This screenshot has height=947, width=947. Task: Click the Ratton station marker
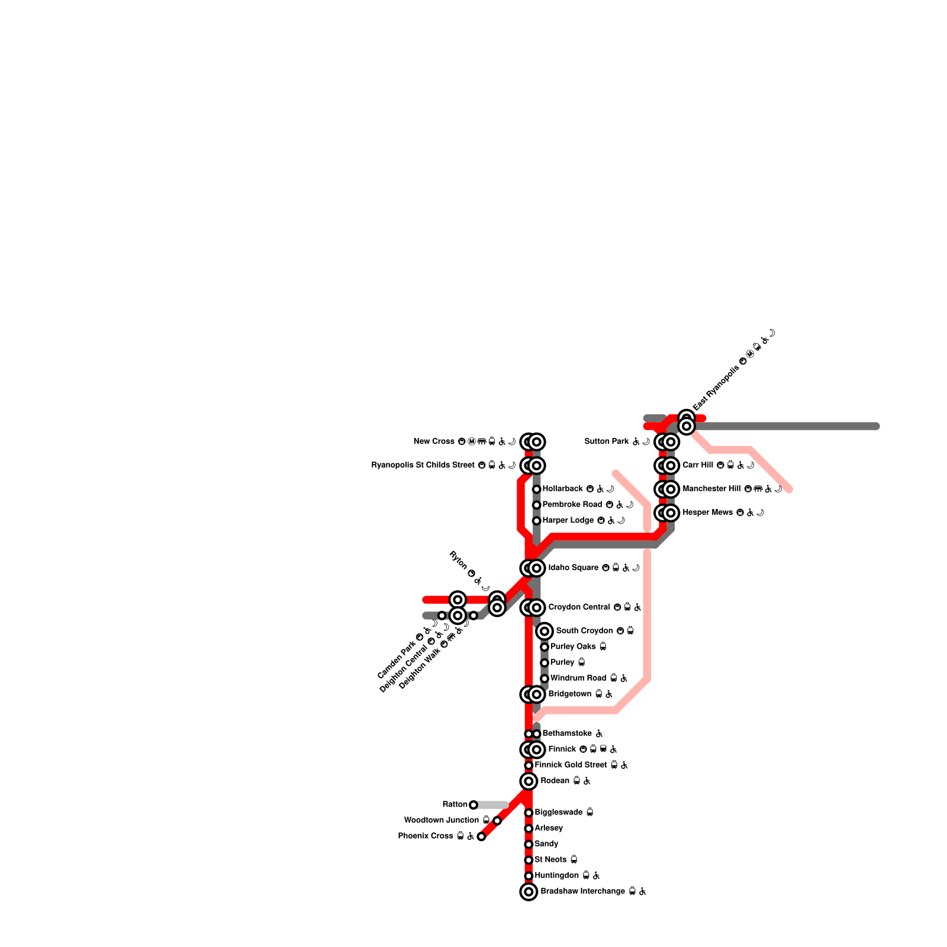click(473, 805)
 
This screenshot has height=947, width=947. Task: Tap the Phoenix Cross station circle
click(481, 836)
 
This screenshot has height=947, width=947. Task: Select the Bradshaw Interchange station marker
click(529, 891)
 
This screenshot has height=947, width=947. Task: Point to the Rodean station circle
click(529, 781)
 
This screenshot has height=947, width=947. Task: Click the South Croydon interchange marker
click(545, 631)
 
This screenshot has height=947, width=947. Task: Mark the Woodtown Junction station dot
click(497, 820)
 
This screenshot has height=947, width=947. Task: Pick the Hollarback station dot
click(536, 489)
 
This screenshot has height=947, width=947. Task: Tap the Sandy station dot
click(529, 844)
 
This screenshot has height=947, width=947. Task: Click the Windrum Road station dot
click(545, 678)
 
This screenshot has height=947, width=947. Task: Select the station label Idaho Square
click(573, 568)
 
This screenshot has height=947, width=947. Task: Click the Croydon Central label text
click(579, 607)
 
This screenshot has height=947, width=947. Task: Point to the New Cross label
click(434, 442)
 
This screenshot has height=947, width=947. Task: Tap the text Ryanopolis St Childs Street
click(423, 465)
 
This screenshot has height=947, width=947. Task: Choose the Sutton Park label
click(606, 442)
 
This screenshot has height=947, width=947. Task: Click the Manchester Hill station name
click(711, 489)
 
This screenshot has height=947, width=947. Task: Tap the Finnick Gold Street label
click(571, 765)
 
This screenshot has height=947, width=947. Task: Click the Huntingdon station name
click(556, 875)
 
